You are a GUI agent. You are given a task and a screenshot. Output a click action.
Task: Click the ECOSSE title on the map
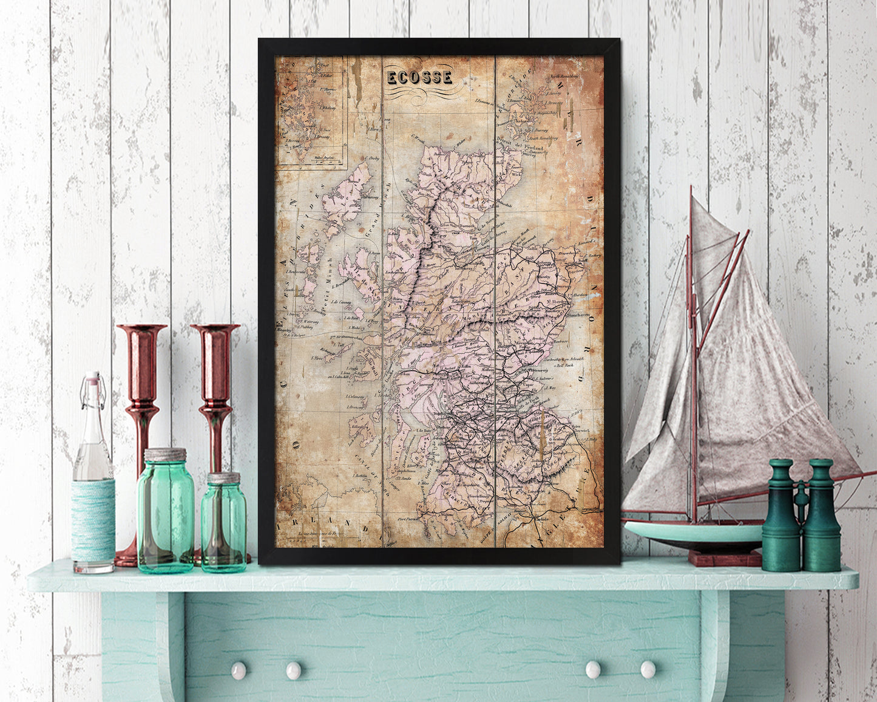[419, 77]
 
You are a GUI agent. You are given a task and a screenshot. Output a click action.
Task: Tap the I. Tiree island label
[316, 358]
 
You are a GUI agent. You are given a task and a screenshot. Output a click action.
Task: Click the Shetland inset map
[310, 111]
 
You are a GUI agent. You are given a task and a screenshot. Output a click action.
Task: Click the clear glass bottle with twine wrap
[93, 486]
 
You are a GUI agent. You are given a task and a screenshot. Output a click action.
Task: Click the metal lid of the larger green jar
[164, 455]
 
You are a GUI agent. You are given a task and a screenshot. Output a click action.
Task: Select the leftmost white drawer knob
[238, 670]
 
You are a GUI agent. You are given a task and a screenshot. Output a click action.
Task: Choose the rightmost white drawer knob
[648, 669]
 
